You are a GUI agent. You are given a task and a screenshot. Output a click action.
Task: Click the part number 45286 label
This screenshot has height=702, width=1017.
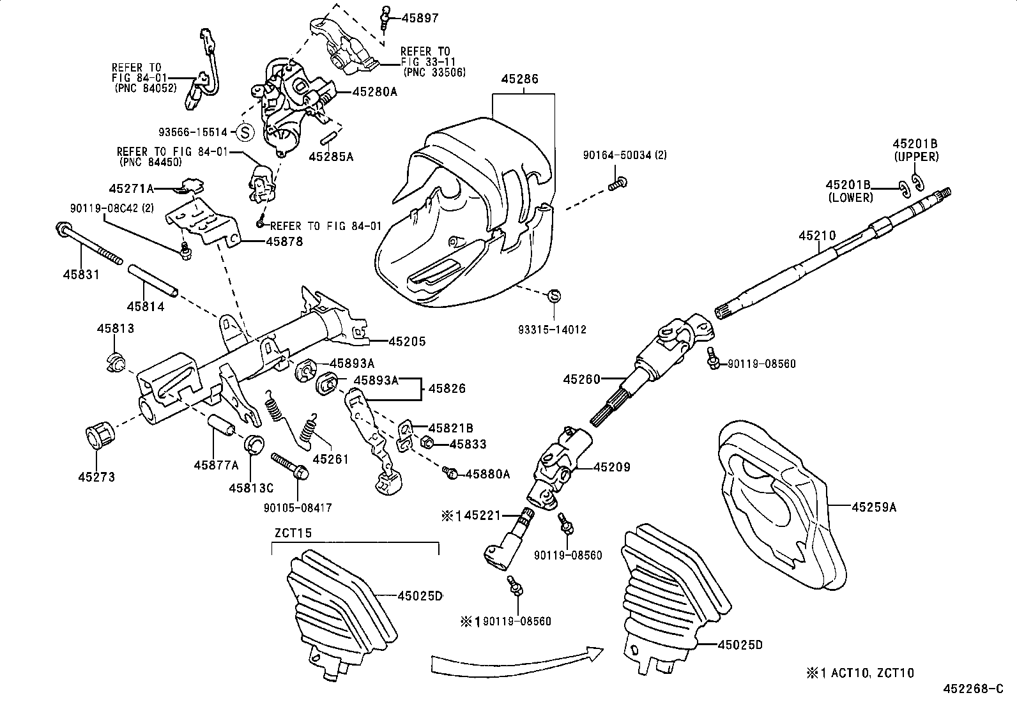click(519, 79)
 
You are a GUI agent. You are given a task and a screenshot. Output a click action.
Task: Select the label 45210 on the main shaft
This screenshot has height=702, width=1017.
click(816, 236)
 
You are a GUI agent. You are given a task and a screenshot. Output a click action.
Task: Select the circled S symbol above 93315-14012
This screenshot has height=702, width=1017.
click(554, 296)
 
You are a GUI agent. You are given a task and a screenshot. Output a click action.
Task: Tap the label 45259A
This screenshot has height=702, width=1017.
click(874, 507)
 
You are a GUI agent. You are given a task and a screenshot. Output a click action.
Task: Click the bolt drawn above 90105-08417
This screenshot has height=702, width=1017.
click(290, 466)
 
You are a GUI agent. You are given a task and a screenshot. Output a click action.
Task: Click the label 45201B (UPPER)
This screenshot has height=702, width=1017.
click(915, 150)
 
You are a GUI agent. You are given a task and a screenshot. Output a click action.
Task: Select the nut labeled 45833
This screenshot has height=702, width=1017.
click(429, 443)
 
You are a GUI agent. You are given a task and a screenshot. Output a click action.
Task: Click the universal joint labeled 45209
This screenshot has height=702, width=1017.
click(556, 466)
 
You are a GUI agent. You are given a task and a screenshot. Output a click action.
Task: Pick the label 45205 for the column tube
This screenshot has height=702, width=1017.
click(407, 342)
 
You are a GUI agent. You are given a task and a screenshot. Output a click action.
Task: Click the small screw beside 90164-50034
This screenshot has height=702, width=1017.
click(617, 183)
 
